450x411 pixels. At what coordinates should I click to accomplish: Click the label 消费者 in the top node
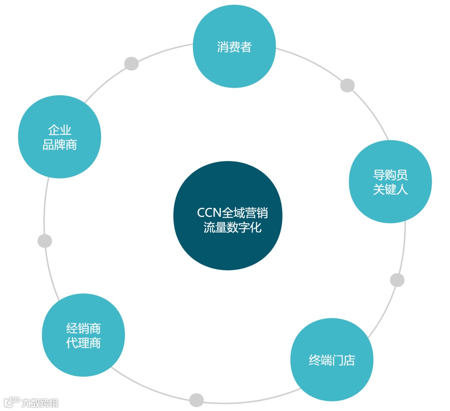[234, 47]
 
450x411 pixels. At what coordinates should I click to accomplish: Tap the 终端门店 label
[332, 360]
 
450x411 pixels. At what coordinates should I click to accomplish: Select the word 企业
[60, 130]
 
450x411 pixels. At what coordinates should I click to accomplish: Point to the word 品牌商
[60, 145]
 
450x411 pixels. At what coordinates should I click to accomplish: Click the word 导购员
[390, 174]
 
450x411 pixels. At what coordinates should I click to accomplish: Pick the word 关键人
[390, 189]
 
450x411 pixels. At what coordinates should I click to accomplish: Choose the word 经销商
[83, 328]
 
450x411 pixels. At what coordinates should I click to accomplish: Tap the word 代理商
[83, 343]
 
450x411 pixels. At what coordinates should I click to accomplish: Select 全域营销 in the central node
[245, 213]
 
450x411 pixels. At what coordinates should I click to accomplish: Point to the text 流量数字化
[232, 227]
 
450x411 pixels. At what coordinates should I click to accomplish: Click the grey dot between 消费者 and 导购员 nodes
[347, 85]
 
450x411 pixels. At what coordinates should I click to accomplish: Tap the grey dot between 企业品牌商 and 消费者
[131, 63]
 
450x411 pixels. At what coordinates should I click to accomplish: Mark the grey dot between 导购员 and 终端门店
[397, 280]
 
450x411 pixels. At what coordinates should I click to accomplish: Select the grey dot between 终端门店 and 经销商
[196, 400]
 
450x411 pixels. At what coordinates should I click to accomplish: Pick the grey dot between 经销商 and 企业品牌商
[45, 241]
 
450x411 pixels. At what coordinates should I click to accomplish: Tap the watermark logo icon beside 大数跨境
[12, 401]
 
